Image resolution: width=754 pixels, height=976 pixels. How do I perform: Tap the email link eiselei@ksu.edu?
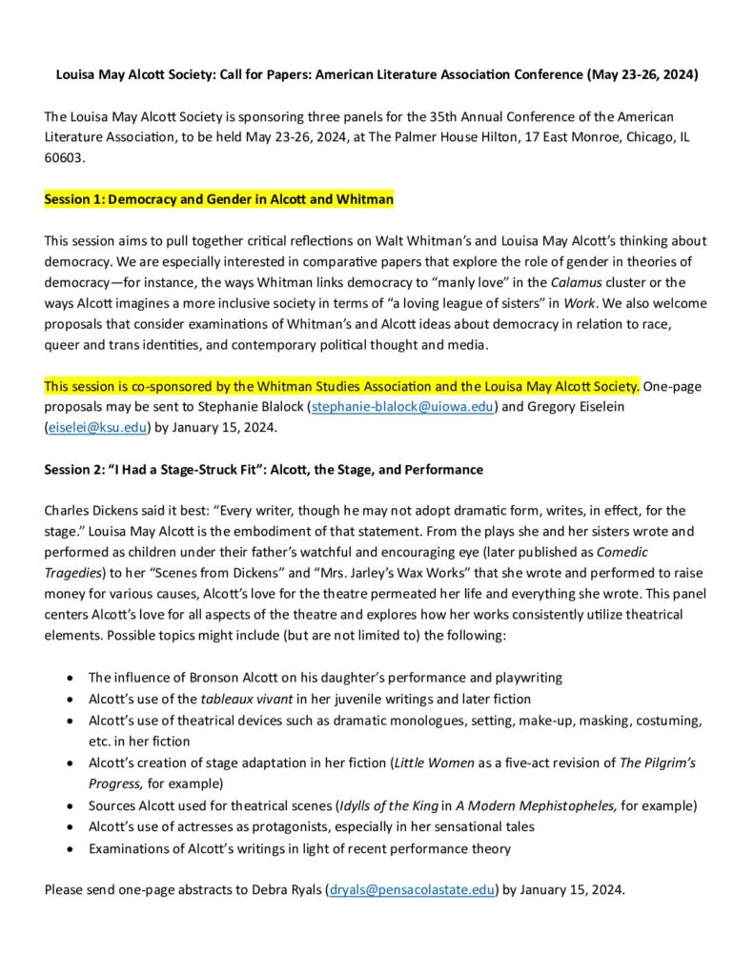[96, 428]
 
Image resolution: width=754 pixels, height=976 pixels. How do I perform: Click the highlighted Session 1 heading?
[218, 200]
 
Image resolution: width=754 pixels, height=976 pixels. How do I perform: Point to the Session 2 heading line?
[263, 469]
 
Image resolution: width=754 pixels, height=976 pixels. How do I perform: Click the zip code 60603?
[64, 158]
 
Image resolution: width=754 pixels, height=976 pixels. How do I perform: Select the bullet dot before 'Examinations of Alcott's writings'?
[70, 848]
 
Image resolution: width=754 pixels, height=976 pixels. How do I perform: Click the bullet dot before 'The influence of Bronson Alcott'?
[70, 678]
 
